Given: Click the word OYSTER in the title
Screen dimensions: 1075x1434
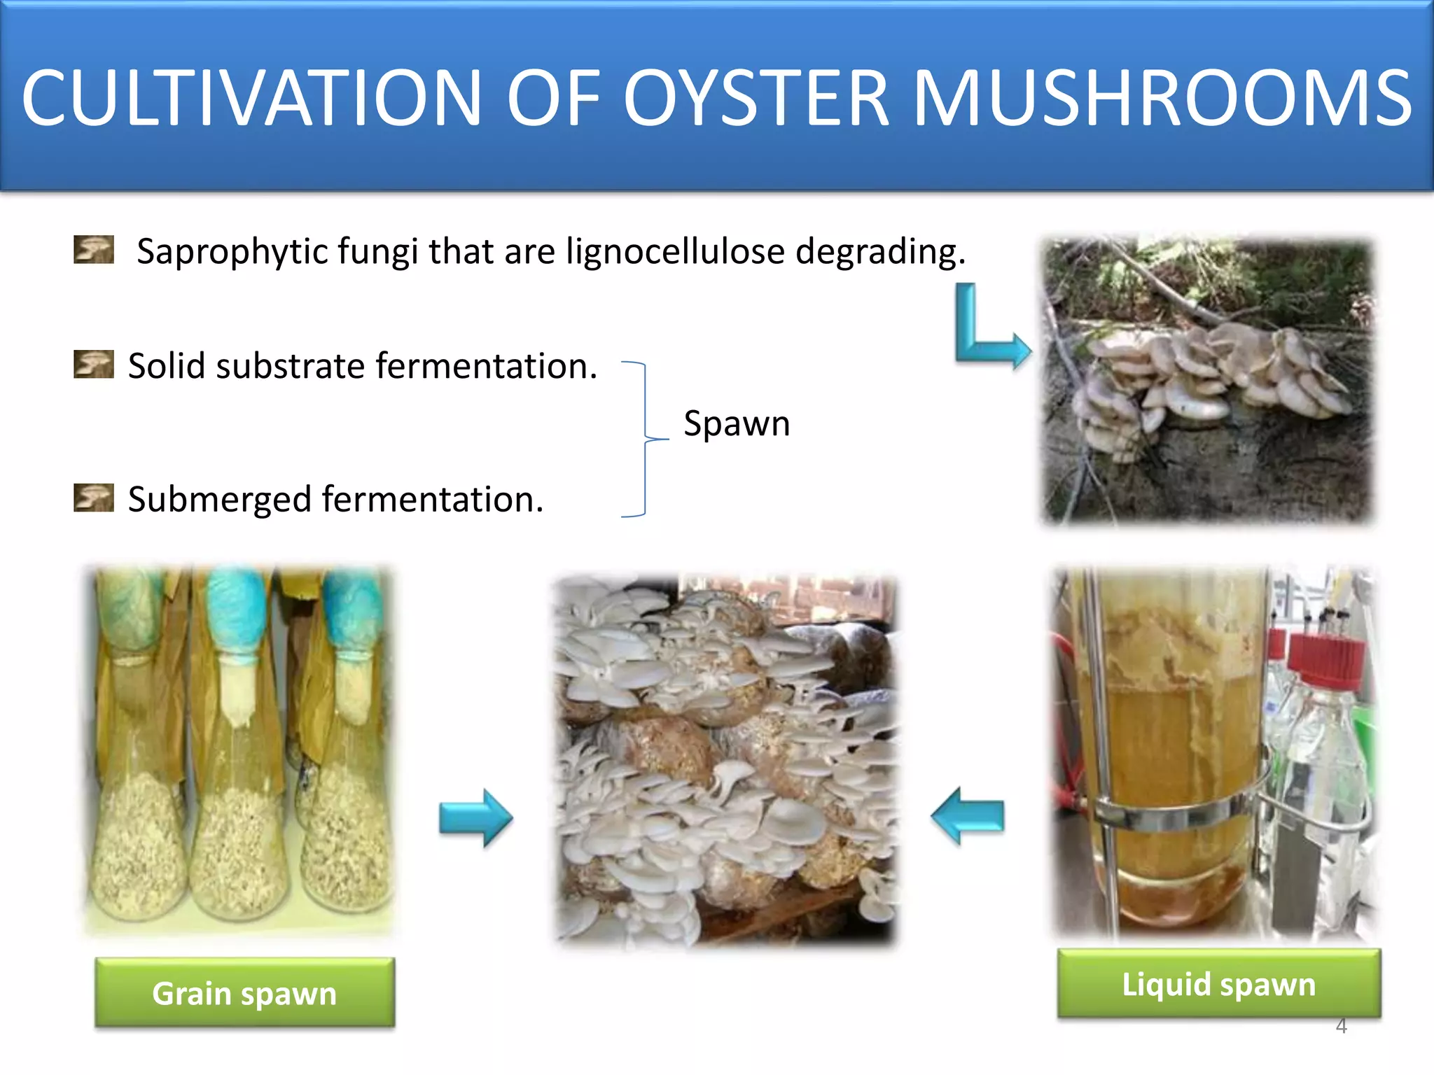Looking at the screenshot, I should tap(756, 98).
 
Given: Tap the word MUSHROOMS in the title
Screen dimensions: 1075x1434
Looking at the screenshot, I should tap(1162, 98).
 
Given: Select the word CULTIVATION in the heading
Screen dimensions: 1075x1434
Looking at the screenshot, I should tap(252, 98).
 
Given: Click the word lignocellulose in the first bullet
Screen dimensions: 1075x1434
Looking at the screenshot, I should tap(675, 251).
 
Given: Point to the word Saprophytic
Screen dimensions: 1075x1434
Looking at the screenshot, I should tap(232, 252).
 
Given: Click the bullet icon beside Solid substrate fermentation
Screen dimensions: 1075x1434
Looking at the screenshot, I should tap(94, 364).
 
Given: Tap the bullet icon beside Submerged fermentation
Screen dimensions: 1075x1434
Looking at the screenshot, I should tap(94, 498).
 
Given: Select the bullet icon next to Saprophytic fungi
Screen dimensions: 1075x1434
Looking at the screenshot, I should tap(94, 249).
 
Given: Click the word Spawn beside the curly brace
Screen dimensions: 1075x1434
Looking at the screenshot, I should tap(737, 423).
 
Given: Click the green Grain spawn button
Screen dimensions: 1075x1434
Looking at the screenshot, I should tap(245, 993).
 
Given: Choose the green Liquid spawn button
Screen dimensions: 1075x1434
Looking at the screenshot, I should tap(1219, 984).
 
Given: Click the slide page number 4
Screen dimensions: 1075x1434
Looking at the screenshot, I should tap(1341, 1027).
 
